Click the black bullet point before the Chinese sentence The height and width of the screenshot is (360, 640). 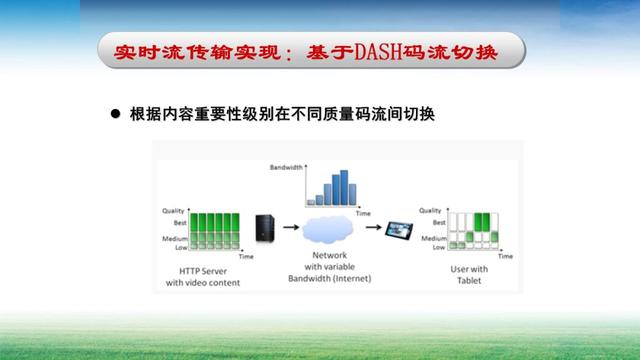point(114,116)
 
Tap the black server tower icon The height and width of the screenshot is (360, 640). point(264,227)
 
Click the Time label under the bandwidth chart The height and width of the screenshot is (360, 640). point(364,213)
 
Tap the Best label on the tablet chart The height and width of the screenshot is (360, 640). point(438,222)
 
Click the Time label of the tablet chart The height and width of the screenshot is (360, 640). point(504,257)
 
